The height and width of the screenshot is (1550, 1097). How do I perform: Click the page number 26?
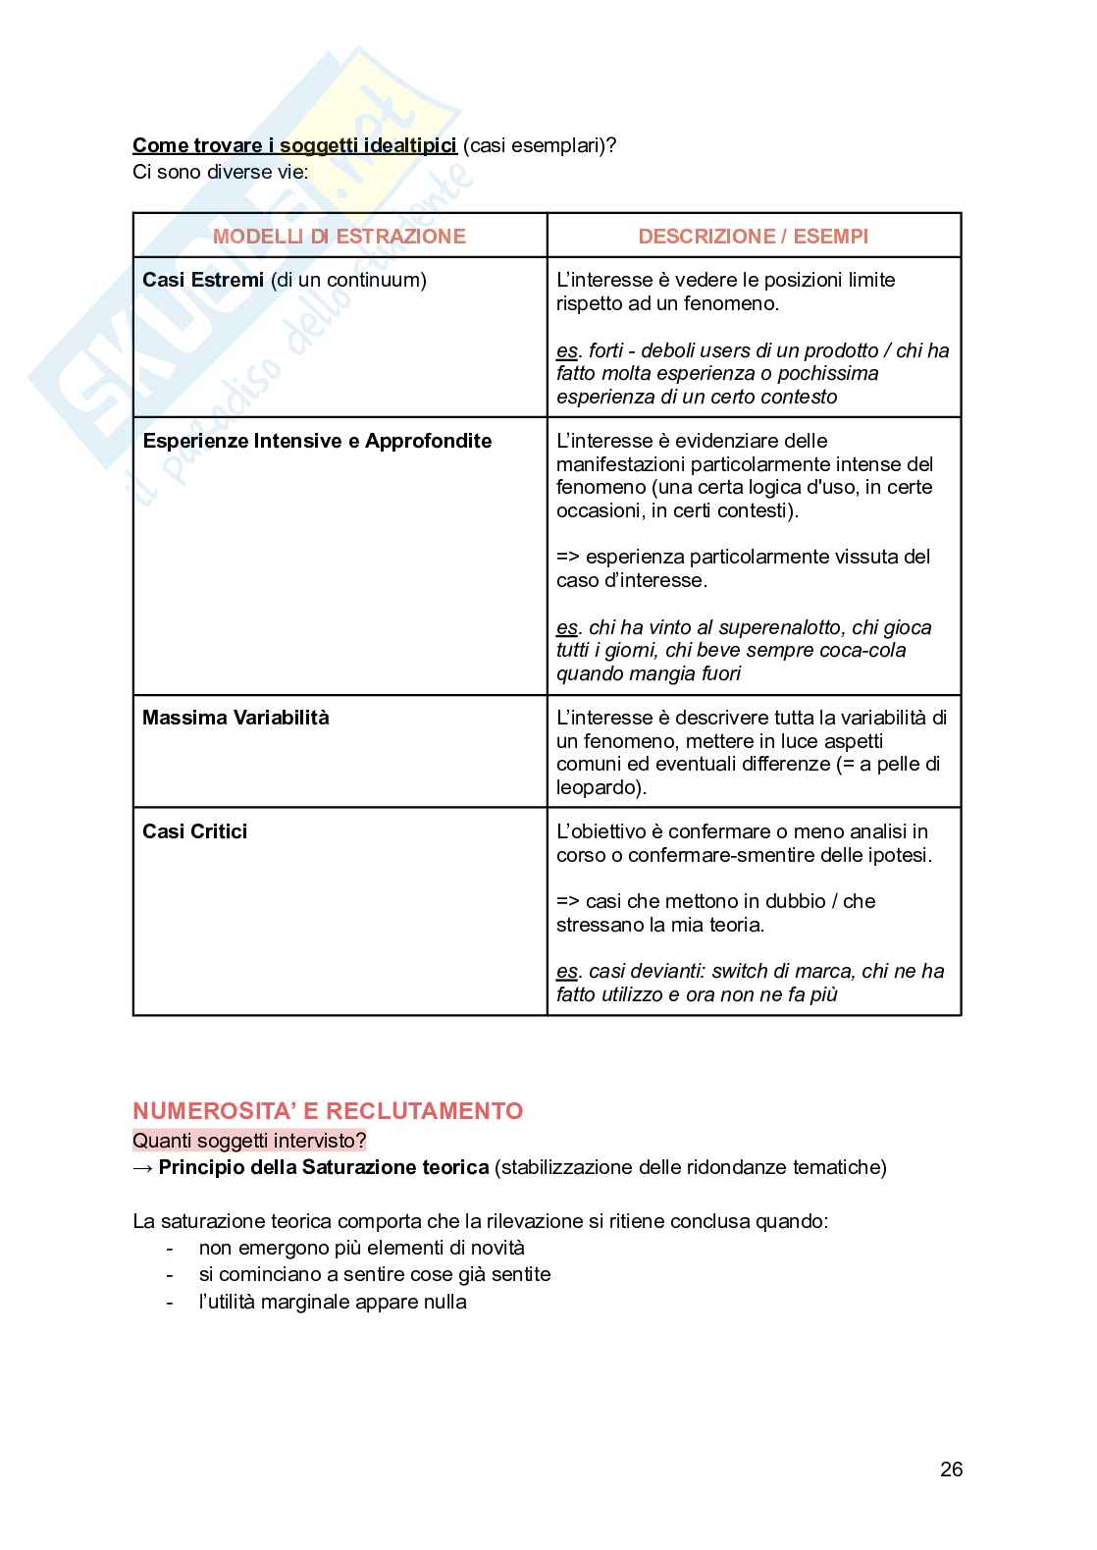[x=951, y=1470]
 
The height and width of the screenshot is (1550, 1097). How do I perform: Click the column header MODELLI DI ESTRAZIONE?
[x=339, y=237]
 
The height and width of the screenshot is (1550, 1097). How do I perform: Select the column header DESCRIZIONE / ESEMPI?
[x=753, y=237]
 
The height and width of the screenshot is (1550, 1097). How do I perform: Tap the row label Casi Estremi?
[x=203, y=281]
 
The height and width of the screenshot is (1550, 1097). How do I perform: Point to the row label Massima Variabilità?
[x=235, y=718]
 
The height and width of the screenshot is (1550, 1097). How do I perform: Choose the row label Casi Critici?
[x=194, y=831]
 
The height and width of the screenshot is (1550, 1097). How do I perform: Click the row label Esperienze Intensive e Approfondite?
[x=317, y=441]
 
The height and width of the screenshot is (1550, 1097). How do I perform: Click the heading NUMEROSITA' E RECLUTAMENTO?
[x=328, y=1111]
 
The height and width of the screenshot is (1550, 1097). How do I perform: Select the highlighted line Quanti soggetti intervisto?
[x=249, y=1141]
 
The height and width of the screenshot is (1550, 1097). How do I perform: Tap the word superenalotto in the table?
[x=781, y=627]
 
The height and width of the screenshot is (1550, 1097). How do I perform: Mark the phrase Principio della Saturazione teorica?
[x=323, y=1167]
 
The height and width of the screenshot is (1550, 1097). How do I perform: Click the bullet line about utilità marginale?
[x=332, y=1302]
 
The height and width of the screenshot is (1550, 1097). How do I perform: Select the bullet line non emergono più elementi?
[x=361, y=1248]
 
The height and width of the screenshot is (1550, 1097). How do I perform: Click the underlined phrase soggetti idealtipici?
[x=368, y=146]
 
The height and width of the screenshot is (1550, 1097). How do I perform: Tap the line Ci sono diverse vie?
[x=220, y=172]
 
